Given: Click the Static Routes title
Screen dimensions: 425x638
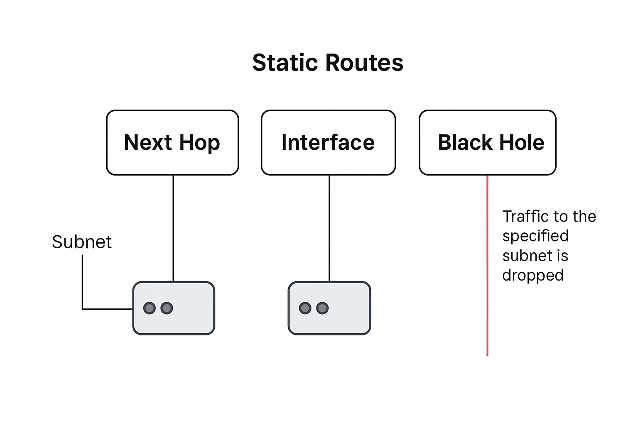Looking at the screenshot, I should [x=328, y=63].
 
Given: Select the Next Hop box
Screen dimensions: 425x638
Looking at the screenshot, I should [x=172, y=142].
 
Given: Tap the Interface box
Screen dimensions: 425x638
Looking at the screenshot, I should [x=328, y=142].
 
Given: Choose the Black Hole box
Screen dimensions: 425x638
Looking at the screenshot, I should [x=487, y=142].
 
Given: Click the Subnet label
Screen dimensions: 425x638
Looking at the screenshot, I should [x=82, y=242].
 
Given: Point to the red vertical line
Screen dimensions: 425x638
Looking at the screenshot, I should [x=487, y=266].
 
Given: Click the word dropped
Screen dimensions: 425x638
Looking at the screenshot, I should [x=532, y=276].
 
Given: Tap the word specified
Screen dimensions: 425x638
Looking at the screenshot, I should [x=535, y=236].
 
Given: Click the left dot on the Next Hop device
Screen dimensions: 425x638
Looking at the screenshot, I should [x=150, y=308].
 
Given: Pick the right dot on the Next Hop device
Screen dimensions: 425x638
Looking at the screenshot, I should [x=167, y=308].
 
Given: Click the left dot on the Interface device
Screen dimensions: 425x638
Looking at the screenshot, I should [x=305, y=308].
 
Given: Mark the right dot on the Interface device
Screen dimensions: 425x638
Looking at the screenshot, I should [x=322, y=308].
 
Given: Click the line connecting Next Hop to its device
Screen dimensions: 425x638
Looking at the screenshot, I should [x=173, y=228].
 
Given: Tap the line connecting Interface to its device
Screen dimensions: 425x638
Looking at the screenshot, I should [x=329, y=228].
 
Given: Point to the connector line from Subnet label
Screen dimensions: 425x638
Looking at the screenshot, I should [x=83, y=286].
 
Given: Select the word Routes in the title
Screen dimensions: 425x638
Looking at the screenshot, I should [x=364, y=63].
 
